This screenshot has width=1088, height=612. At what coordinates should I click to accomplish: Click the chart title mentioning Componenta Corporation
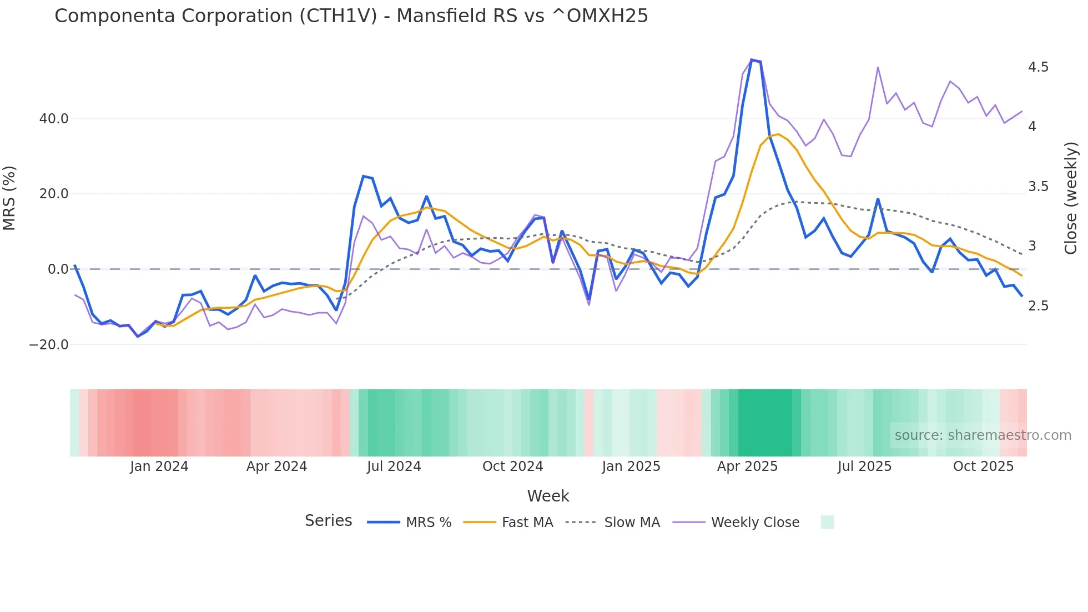click(x=351, y=16)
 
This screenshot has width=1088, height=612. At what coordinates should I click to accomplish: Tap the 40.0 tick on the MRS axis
click(x=54, y=119)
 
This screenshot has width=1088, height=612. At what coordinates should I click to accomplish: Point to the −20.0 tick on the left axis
click(x=49, y=345)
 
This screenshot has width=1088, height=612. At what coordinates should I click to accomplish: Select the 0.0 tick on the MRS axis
click(x=58, y=269)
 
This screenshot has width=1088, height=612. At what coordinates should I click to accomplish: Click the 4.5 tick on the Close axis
click(x=1038, y=67)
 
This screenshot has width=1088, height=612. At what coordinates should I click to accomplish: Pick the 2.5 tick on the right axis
click(x=1038, y=306)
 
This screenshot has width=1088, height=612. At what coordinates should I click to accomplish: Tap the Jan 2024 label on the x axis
click(x=159, y=466)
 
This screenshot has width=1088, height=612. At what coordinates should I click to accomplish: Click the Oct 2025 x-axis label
click(x=983, y=466)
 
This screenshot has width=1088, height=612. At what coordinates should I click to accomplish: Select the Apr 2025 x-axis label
click(x=747, y=466)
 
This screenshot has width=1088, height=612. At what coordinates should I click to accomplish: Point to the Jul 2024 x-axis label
click(x=394, y=466)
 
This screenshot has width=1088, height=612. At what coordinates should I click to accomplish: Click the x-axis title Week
click(x=548, y=496)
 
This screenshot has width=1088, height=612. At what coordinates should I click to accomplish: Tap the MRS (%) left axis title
click(x=9, y=198)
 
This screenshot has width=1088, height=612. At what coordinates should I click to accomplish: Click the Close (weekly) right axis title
click(x=1071, y=198)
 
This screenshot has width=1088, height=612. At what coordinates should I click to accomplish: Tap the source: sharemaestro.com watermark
click(x=983, y=435)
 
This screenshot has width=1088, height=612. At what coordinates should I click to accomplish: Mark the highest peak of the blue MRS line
click(x=752, y=60)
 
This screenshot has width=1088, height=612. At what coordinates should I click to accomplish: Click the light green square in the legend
click(x=827, y=522)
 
